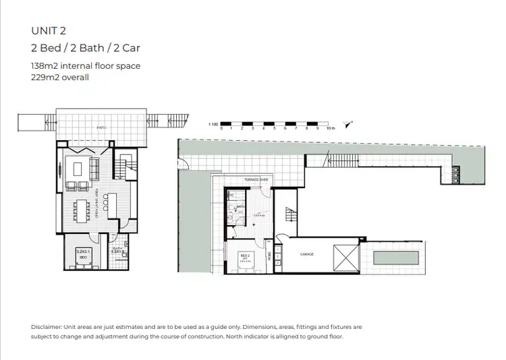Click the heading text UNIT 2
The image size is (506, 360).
49,30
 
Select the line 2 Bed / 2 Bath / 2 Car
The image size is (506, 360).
86,48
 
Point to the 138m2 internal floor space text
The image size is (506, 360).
86,67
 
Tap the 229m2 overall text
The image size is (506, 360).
60,77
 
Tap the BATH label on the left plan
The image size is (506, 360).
117,249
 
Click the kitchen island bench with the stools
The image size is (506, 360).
112,206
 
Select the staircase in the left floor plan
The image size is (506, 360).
125,166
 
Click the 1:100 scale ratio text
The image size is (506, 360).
213,125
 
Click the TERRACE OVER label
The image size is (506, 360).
256,180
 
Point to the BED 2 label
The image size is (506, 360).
246,256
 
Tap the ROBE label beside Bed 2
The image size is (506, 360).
269,256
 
